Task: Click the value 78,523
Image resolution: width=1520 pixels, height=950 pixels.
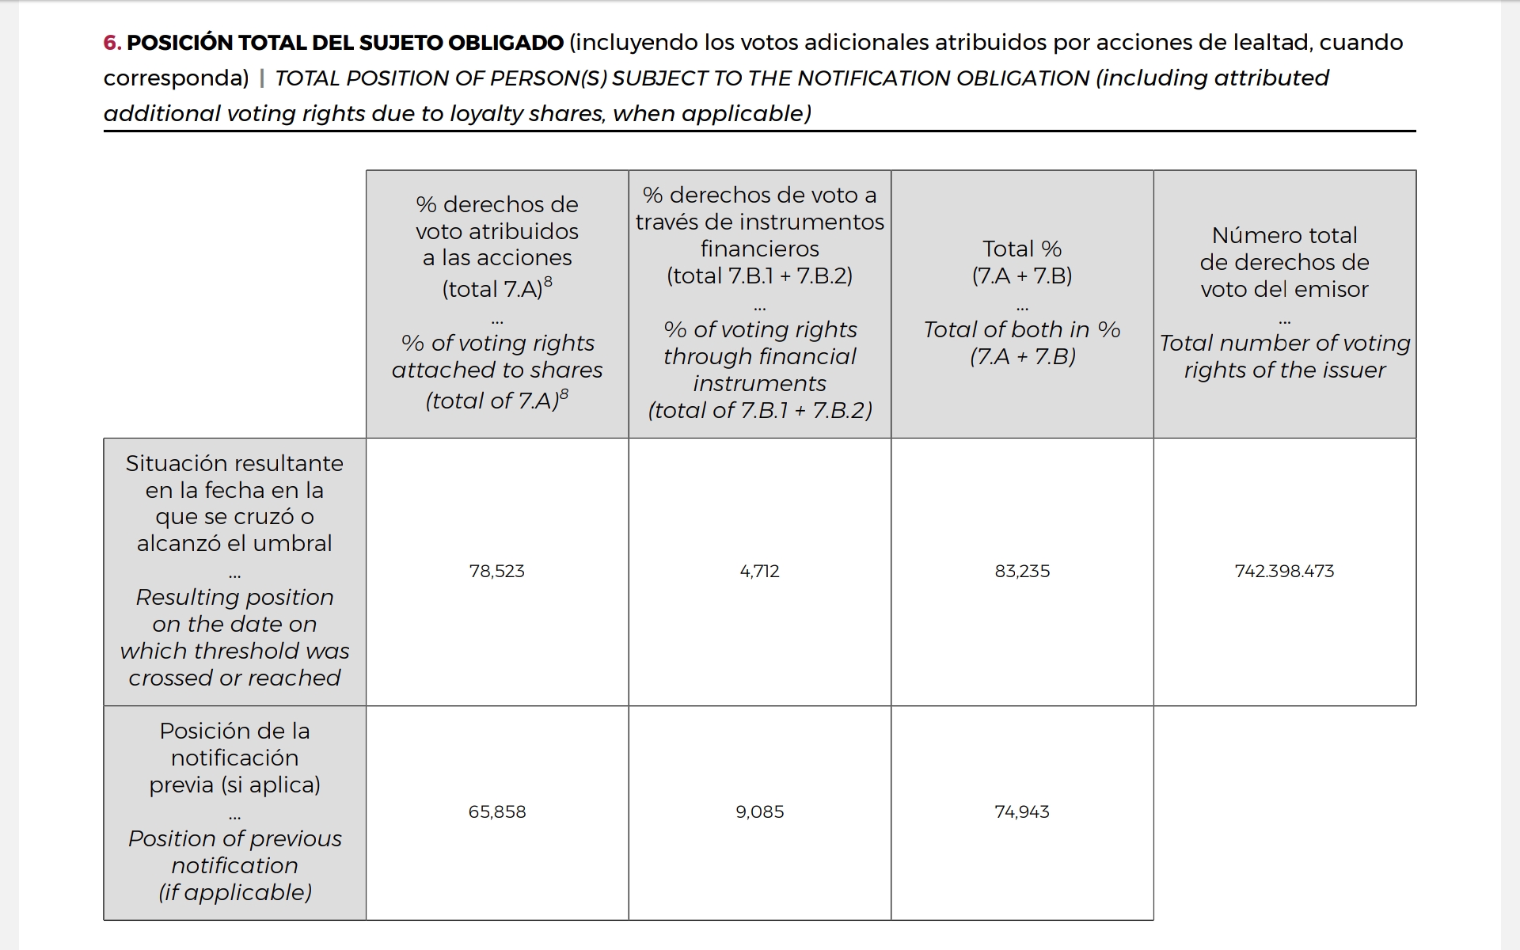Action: tap(496, 571)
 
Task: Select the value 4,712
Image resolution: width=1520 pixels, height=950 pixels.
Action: tap(759, 571)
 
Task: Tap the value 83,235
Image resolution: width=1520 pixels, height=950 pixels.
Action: tap(1022, 571)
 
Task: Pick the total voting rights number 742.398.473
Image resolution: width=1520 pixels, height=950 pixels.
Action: tap(1284, 571)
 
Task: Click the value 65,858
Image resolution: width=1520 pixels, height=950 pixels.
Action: tap(496, 811)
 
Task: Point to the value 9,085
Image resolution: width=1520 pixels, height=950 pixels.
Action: tap(759, 811)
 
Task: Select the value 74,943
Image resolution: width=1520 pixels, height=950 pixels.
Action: tap(1022, 811)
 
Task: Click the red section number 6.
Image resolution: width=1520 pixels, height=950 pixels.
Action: tap(112, 43)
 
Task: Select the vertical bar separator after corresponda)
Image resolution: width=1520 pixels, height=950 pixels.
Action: tap(262, 78)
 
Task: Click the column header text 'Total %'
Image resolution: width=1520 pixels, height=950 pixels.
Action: tap(1022, 249)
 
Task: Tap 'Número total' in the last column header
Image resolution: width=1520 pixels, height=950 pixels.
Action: tap(1284, 235)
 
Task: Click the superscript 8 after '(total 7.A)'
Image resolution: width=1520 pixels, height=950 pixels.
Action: tap(549, 282)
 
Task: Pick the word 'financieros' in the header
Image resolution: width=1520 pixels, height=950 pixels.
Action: tap(759, 249)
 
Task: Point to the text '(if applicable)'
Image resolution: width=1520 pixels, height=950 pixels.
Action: tap(235, 892)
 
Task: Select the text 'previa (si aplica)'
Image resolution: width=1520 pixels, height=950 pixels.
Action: tap(235, 785)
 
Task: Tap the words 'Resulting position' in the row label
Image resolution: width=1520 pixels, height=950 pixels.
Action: tap(235, 597)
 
